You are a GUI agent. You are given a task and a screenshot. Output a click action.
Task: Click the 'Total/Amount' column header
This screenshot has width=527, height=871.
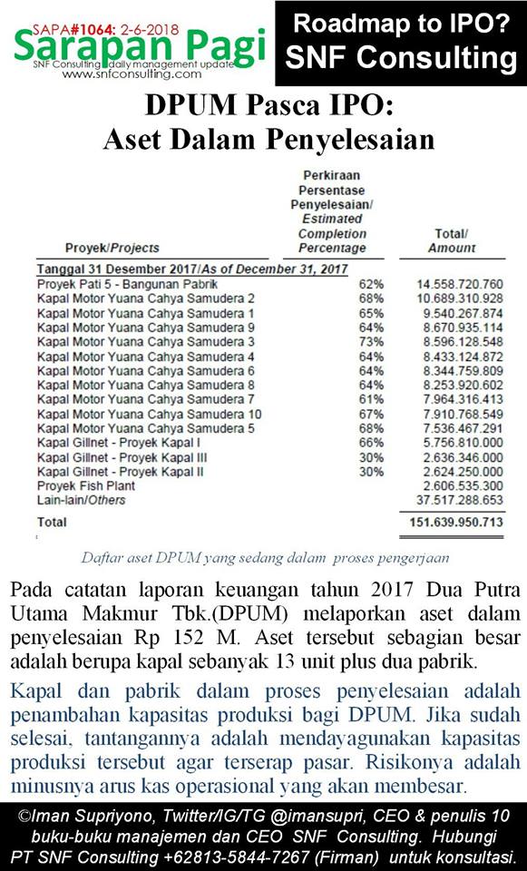451,240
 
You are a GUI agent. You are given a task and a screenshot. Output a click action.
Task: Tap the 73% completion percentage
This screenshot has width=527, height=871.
371,341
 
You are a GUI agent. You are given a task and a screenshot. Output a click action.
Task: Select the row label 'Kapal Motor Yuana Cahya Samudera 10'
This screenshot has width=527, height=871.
149,414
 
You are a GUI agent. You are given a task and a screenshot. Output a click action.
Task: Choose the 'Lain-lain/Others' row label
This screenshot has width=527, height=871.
81,500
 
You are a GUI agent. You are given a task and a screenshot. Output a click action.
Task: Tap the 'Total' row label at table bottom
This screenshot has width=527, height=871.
52,523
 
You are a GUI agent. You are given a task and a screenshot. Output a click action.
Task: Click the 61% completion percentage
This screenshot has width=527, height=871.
371,399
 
